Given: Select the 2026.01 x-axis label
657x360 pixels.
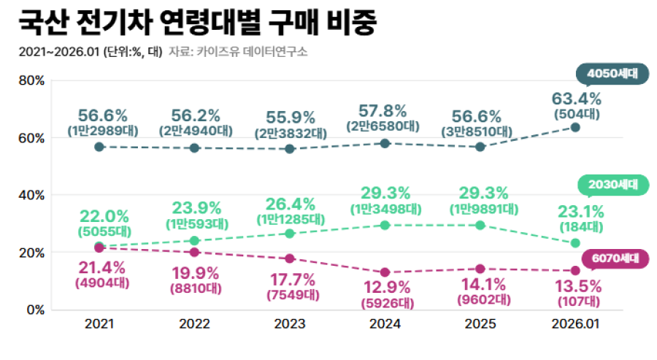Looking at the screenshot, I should coord(575,323).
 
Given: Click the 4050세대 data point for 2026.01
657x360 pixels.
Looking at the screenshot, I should coord(575,127).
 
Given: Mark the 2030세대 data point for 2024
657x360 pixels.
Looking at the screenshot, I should coord(385,225).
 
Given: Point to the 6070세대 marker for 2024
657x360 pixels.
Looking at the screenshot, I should coord(385,272).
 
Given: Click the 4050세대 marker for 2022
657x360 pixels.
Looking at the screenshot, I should coord(194,148).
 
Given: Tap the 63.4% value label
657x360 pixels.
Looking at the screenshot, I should coord(577,99).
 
